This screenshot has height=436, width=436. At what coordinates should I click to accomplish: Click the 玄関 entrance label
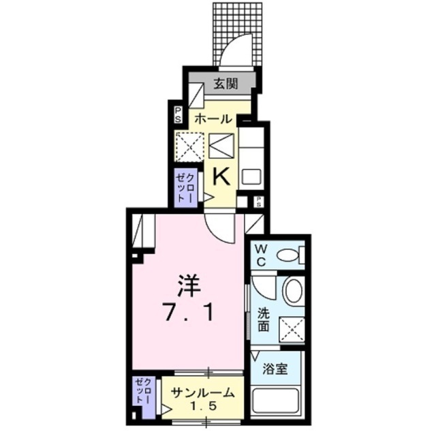pyautogui.click(x=223, y=84)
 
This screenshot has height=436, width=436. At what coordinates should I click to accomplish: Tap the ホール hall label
pyautogui.click(x=213, y=119)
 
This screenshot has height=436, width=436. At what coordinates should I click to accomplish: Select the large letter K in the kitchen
pyautogui.click(x=221, y=177)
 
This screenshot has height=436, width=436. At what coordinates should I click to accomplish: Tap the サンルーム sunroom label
pyautogui.click(x=203, y=392)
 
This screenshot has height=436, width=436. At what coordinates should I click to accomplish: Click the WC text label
pyautogui.click(x=262, y=255)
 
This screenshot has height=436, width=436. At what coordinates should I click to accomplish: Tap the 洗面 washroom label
pyautogui.click(x=264, y=320)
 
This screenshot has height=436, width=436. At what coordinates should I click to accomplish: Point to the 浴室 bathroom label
pyautogui.click(x=277, y=369)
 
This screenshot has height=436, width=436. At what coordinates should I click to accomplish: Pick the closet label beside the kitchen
pyautogui.click(x=186, y=186)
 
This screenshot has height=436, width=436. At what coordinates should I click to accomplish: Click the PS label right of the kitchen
pyautogui.click(x=260, y=202)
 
